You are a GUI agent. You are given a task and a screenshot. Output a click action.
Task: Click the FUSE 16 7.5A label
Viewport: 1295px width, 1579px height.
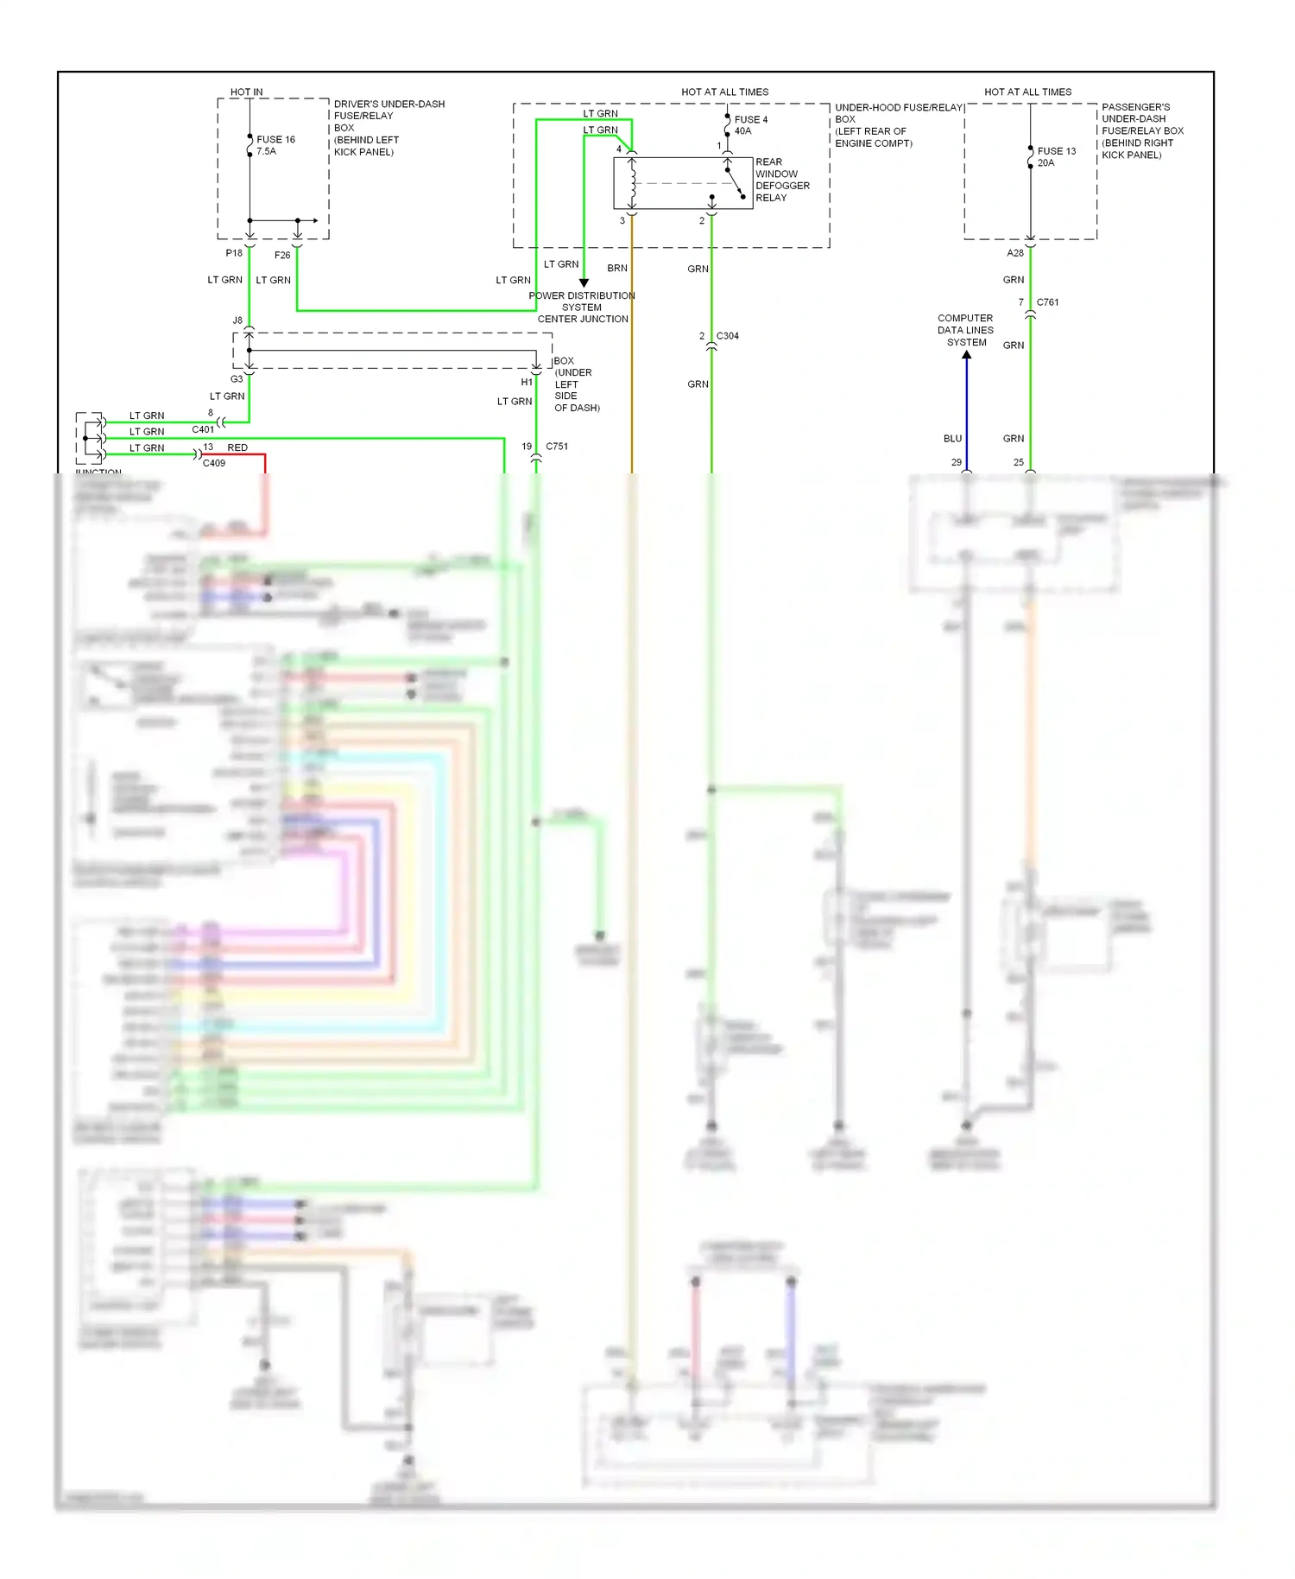(x=275, y=145)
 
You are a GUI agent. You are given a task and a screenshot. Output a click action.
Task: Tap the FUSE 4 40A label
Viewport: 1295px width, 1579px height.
(x=749, y=125)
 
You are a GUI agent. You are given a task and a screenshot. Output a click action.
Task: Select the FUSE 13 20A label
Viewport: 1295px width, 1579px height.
(x=1056, y=156)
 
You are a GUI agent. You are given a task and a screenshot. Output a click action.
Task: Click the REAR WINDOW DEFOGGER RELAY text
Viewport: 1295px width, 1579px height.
(x=781, y=180)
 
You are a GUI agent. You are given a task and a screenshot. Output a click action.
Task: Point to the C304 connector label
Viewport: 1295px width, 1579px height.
(x=727, y=336)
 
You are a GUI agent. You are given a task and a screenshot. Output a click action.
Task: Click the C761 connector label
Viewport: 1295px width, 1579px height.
(x=1047, y=302)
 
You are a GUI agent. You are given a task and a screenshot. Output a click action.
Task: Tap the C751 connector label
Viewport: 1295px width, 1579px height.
(x=557, y=447)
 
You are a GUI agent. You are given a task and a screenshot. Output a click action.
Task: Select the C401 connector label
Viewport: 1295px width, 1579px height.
(x=203, y=429)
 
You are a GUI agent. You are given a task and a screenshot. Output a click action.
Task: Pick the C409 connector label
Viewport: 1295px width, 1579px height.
(x=214, y=463)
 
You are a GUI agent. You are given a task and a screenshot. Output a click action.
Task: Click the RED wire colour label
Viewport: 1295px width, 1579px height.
(x=237, y=447)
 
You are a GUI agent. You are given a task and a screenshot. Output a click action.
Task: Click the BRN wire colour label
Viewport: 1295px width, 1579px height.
(x=617, y=269)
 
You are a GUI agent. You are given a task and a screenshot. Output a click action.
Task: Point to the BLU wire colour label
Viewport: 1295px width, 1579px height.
(x=952, y=439)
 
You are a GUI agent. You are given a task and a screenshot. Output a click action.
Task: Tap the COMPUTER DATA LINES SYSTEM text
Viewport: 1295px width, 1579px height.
(x=965, y=330)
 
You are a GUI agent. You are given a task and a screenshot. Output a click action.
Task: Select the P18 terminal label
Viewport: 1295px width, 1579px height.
(x=234, y=253)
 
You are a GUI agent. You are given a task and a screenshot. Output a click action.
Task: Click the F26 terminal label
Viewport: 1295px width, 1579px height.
(x=282, y=255)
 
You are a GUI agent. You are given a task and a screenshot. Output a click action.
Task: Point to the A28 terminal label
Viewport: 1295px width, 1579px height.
(x=1015, y=253)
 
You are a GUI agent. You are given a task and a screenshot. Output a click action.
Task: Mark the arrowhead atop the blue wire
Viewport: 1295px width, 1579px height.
(x=966, y=355)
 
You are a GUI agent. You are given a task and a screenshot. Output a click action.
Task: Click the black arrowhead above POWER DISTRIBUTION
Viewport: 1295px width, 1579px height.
(x=584, y=282)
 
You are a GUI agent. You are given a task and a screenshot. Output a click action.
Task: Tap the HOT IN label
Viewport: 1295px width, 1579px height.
(x=247, y=92)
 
